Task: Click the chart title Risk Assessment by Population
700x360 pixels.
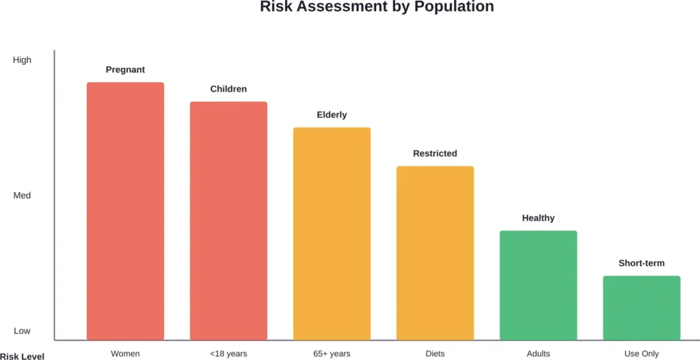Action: pyautogui.click(x=377, y=8)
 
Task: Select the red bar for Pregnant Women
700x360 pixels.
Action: pyautogui.click(x=125, y=211)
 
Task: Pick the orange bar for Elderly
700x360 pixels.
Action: pyautogui.click(x=332, y=234)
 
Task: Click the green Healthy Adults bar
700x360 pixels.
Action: pyautogui.click(x=538, y=285)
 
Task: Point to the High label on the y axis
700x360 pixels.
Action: pyautogui.click(x=22, y=60)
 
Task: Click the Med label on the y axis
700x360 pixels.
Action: pyautogui.click(x=22, y=195)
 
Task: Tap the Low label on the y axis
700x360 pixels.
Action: pyautogui.click(x=22, y=331)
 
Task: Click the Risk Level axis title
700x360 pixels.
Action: pyautogui.click(x=22, y=356)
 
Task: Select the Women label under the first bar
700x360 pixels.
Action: pyautogui.click(x=125, y=354)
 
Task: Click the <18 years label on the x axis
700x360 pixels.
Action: pyautogui.click(x=228, y=354)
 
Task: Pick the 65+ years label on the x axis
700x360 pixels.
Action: pyautogui.click(x=332, y=354)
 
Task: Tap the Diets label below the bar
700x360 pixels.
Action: pyautogui.click(x=435, y=354)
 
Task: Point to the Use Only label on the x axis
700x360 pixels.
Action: pyautogui.click(x=641, y=354)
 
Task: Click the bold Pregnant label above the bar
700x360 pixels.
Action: pyautogui.click(x=125, y=70)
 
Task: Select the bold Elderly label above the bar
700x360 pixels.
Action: pyautogui.click(x=332, y=115)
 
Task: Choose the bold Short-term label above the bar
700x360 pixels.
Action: pyautogui.click(x=641, y=263)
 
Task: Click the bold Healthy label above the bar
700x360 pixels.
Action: pyautogui.click(x=538, y=218)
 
